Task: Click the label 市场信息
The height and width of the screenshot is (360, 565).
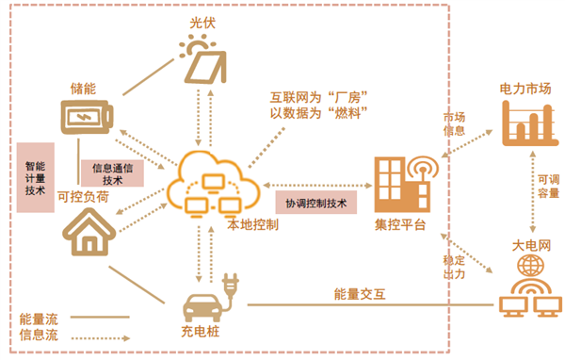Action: coord(454,123)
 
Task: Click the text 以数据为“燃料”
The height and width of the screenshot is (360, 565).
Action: coord(318,113)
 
